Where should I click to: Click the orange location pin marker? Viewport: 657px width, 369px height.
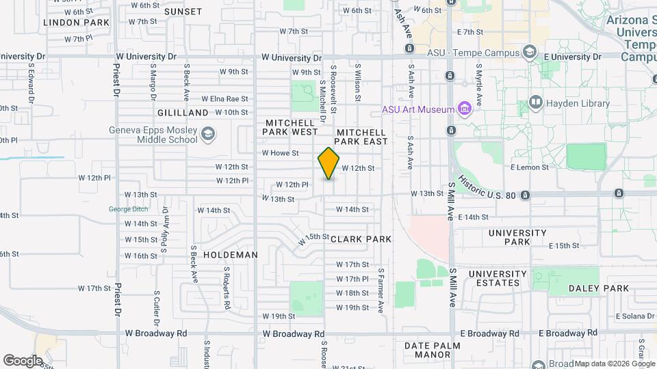328,163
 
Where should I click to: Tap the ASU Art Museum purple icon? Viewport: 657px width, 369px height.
465,109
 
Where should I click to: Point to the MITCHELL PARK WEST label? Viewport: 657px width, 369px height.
291,126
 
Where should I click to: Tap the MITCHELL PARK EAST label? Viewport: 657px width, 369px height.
361,136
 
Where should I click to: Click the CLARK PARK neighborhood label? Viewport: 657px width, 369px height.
361,239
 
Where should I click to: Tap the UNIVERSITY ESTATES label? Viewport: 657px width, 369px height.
498,279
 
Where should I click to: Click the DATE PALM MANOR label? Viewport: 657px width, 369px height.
437,351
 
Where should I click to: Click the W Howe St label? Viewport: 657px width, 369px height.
281,153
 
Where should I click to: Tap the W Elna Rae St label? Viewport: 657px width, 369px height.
224,98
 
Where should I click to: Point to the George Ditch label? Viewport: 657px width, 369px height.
128,209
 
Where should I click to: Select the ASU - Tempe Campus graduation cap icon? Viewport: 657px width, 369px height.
529,52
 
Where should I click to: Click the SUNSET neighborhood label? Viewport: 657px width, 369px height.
183,12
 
